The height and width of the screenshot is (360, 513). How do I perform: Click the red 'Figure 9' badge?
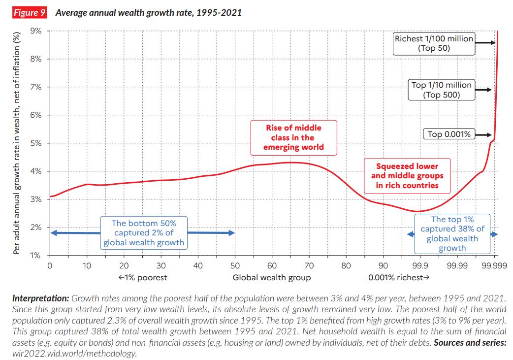pos(29,13)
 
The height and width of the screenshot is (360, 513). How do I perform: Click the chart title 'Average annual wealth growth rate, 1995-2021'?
pos(148,13)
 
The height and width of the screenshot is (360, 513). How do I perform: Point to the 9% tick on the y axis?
pos(37,31)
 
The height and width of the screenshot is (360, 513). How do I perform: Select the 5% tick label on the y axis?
pos(37,143)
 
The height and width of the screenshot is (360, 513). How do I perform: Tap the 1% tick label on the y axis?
pos(37,256)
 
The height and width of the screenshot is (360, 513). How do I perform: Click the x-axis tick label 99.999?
pos(494,266)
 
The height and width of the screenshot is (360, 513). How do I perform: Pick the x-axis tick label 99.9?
pos(420,266)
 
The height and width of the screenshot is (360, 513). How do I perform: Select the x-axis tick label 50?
pos(235,266)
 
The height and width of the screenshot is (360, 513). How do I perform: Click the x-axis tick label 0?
pos(50,266)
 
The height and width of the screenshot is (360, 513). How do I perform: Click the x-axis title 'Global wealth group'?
pos(272,278)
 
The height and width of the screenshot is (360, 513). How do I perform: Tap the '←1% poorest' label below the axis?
pos(143,278)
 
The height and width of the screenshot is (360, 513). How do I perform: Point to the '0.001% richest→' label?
pos(399,278)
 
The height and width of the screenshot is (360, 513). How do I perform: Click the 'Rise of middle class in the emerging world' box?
pos(293,137)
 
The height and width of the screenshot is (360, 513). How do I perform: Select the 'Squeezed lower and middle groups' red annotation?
pos(407,176)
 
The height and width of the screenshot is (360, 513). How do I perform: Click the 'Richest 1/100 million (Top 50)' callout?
pos(434,43)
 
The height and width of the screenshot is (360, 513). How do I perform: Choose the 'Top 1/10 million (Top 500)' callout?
pos(441,90)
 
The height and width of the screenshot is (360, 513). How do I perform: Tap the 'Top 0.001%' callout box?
pos(449,134)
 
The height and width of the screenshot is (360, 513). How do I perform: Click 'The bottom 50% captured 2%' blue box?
pos(143,233)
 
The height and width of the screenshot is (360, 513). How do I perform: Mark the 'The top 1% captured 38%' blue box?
pos(452,233)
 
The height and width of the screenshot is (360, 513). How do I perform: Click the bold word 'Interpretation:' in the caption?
pos(41,298)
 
